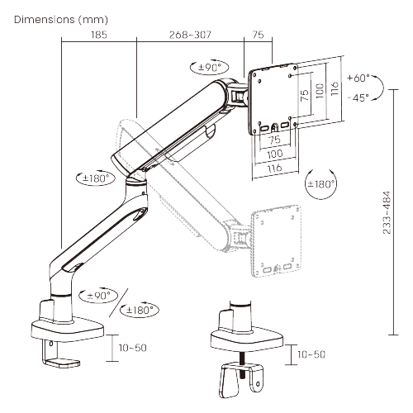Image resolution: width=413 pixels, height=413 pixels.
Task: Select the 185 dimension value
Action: [x=99, y=36]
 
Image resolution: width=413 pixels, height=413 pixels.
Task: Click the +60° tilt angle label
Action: [x=358, y=78]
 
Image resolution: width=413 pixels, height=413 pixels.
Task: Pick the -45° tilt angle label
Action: [x=357, y=97]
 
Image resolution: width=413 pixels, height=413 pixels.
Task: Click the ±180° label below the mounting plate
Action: [x=321, y=183]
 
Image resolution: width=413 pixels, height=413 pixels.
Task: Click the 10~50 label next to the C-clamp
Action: [x=132, y=348]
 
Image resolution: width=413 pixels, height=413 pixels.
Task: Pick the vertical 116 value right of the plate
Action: [x=335, y=87]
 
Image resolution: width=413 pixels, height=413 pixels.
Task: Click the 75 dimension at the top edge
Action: [x=258, y=36]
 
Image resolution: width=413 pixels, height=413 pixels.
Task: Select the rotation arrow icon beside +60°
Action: [x=378, y=87]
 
